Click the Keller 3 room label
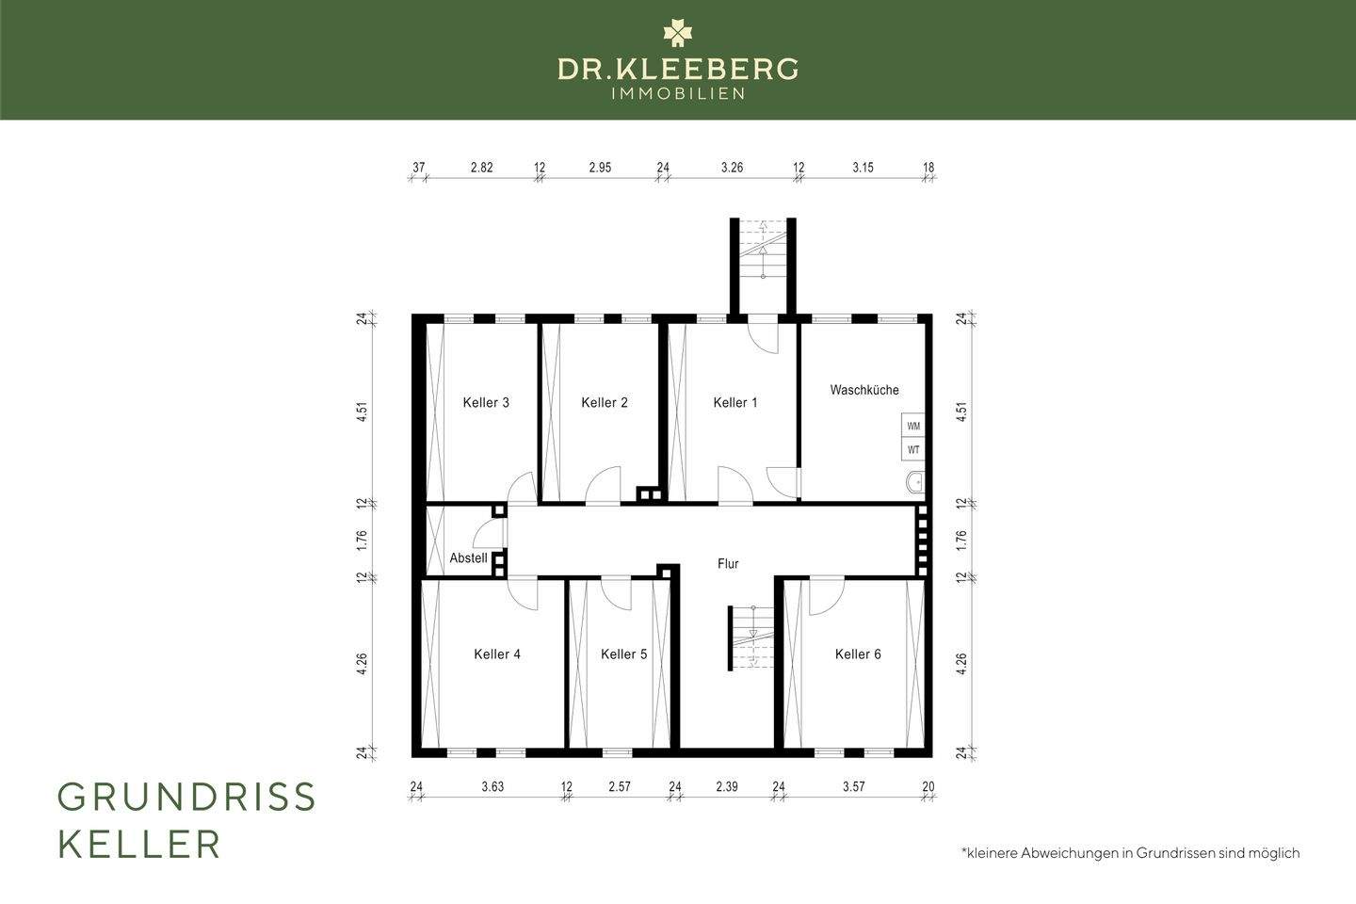click(x=486, y=403)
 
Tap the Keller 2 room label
click(x=604, y=403)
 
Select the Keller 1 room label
click(x=734, y=403)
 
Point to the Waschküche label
click(x=864, y=390)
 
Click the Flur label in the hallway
click(x=728, y=564)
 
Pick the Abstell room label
click(x=468, y=558)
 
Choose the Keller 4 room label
click(x=497, y=654)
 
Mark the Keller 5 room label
click(x=623, y=654)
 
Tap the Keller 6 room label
click(x=858, y=654)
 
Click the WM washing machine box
click(x=913, y=426)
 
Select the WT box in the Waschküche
click(x=913, y=450)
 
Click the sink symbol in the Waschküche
click(x=914, y=483)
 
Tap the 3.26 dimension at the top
click(x=732, y=168)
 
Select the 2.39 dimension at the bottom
click(x=726, y=786)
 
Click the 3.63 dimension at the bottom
click(x=492, y=786)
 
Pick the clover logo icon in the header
click(x=677, y=33)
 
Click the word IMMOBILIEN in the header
click(x=678, y=93)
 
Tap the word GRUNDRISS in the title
click(x=186, y=798)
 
